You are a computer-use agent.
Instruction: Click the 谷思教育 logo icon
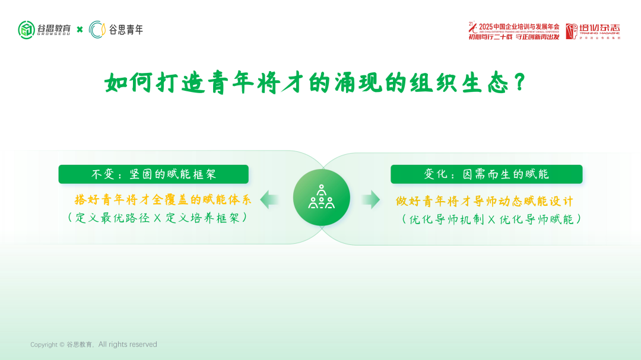tap(27, 30)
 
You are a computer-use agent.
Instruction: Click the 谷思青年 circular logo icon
tap(97, 30)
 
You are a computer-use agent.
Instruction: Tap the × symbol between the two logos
tap(80, 30)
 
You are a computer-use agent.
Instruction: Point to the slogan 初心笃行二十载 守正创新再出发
tap(513, 37)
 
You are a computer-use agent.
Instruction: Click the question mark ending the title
tap(519, 82)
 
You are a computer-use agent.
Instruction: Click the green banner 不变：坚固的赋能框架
tap(153, 174)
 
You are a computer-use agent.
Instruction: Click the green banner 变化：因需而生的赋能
tap(486, 174)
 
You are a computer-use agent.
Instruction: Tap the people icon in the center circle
tap(321, 197)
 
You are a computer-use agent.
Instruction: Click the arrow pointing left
tap(269, 199)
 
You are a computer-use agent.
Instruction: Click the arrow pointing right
tap(371, 199)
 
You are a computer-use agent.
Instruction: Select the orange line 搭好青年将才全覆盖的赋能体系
tap(163, 199)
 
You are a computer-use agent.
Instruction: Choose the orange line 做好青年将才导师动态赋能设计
tap(484, 201)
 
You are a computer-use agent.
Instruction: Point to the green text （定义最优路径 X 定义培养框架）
tap(157, 218)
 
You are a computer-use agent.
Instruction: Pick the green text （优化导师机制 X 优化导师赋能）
tap(491, 219)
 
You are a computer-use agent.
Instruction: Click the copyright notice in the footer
tap(94, 345)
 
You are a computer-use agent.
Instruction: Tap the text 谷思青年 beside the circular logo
tap(126, 30)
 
